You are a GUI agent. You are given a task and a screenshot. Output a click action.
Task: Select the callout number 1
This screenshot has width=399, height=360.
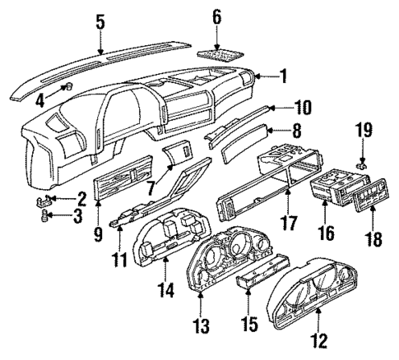[282, 76]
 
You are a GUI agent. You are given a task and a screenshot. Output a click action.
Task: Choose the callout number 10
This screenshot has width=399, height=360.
[281, 107]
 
